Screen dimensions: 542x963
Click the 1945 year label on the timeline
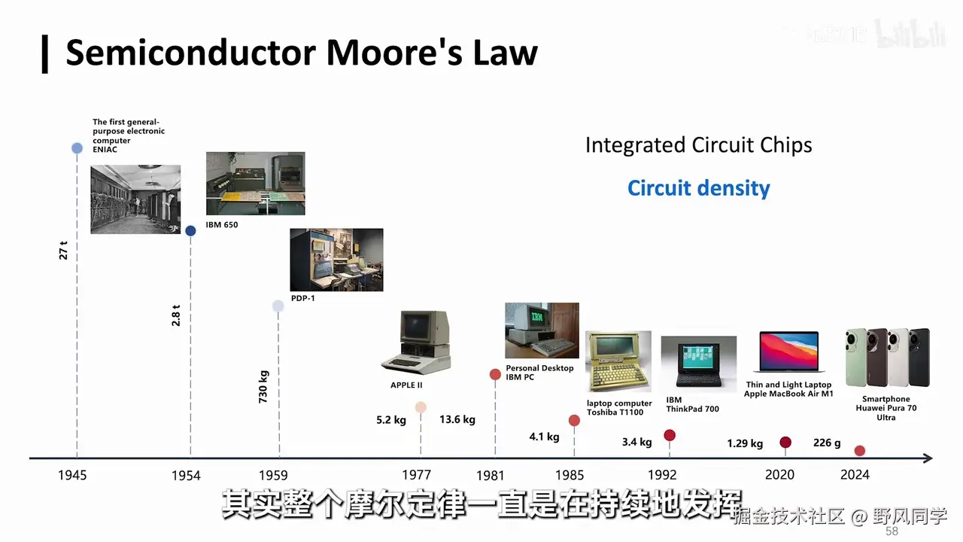click(x=72, y=475)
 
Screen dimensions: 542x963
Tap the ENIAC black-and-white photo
click(x=135, y=199)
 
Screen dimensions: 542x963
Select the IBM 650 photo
click(x=255, y=184)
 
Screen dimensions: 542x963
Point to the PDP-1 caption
click(x=302, y=298)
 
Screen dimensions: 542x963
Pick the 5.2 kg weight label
click(x=391, y=420)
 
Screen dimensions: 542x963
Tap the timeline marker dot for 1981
click(x=495, y=374)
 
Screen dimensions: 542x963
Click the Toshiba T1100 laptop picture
click(x=618, y=362)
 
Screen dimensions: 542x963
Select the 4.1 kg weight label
click(x=544, y=437)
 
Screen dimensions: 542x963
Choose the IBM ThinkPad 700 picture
click(x=698, y=364)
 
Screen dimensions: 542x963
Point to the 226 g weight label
click(x=827, y=443)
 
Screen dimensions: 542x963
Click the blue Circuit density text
click(x=699, y=187)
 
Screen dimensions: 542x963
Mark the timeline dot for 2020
click(x=785, y=443)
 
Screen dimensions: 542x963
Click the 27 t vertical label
click(x=63, y=250)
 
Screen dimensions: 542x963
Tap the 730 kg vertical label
click(x=263, y=386)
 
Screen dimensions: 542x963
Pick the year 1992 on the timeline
click(x=662, y=475)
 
